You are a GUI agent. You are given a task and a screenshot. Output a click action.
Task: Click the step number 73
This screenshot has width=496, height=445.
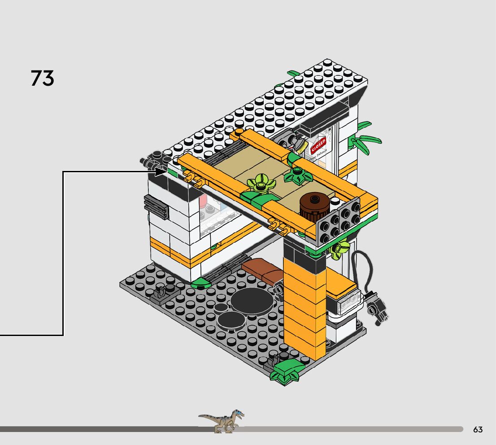(x=43, y=78)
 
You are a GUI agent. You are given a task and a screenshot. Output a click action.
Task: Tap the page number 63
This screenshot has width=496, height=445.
(x=478, y=430)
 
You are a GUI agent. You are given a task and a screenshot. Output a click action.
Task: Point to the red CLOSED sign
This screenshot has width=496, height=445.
(x=318, y=146)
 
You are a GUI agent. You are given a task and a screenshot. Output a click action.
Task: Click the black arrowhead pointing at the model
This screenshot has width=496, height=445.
(x=161, y=171)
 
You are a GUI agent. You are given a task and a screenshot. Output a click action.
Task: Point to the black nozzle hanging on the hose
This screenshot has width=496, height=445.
(x=376, y=308)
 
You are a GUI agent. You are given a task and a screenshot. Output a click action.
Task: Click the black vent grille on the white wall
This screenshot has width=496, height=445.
(x=156, y=207)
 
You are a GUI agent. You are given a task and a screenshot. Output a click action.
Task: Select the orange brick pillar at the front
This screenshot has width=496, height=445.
(x=305, y=310)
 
